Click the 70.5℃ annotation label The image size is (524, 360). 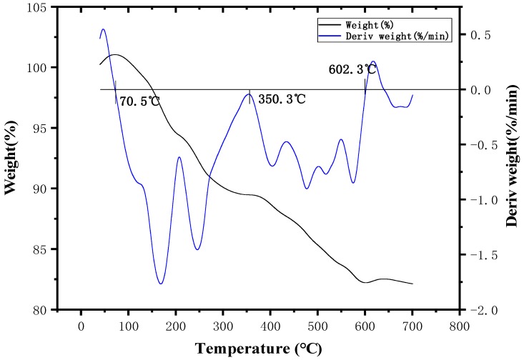point(139,101)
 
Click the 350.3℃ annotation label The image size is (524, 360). point(282,99)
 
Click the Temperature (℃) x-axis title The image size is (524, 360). point(259,349)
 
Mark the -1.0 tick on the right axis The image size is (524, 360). point(477,200)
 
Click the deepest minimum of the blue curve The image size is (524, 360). point(161,284)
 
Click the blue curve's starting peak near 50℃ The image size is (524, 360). point(104,29)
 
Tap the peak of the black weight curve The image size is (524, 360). point(114,54)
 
